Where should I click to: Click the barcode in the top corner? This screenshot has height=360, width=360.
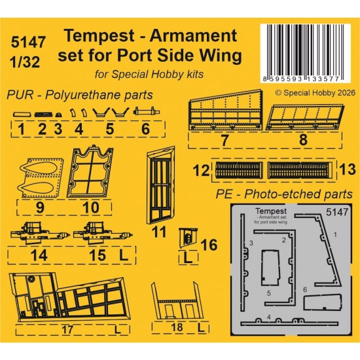306,53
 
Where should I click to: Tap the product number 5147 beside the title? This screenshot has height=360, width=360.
28,42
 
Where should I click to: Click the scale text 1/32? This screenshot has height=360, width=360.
25,62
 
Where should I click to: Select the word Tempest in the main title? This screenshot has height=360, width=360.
99,36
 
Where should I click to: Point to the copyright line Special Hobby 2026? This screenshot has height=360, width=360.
315,93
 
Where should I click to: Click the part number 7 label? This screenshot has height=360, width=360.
225,140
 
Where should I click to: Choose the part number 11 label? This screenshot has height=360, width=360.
159,232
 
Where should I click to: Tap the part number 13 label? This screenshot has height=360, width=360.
347,170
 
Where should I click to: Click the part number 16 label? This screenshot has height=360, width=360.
209,245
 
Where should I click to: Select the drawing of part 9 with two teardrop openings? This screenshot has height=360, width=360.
41,177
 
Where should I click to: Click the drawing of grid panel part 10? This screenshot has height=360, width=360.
90,171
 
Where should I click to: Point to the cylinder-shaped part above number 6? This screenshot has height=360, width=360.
146,111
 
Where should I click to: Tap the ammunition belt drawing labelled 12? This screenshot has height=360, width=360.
239,170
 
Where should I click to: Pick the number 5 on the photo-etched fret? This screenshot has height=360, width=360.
269,293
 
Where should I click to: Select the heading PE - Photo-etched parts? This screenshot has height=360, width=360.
284,194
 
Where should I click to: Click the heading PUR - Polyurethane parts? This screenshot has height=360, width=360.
80,95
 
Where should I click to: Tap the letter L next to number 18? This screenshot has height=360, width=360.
201,328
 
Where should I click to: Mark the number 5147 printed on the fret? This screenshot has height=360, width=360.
337,212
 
